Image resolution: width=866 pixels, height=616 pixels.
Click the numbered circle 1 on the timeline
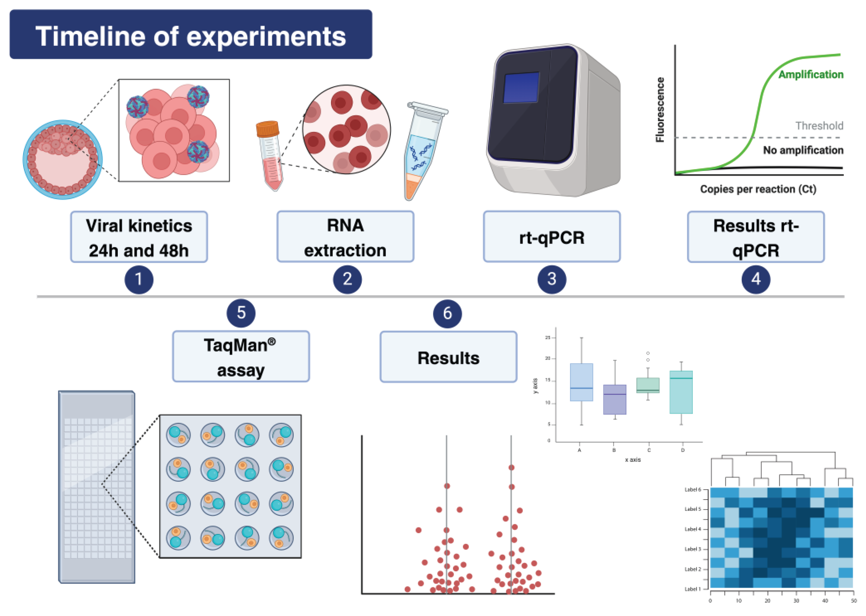coord(139,280)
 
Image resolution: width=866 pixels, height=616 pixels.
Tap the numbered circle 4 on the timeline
coord(756,280)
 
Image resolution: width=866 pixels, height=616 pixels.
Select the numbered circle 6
coord(447,313)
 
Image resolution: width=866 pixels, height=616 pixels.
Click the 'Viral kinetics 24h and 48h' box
coord(139,237)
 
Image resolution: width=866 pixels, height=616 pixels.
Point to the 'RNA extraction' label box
coord(345,237)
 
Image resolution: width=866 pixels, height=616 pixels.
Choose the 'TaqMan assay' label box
coord(241,357)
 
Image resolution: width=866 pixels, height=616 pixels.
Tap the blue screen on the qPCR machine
coord(521,87)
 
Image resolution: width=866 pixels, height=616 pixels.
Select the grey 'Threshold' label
coord(819,126)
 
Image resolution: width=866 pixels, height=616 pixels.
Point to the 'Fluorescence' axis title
coord(660,110)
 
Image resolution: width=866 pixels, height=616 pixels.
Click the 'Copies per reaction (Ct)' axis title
coord(758,189)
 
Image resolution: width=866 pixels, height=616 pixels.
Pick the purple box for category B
coord(615,399)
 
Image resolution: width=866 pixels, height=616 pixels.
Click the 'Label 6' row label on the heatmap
coord(693,490)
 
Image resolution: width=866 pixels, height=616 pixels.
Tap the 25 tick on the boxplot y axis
coord(547,338)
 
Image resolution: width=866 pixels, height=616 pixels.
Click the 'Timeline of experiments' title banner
coord(191,35)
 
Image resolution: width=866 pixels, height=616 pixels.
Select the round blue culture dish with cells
coord(63,160)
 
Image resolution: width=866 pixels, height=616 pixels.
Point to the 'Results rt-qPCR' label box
coord(756,237)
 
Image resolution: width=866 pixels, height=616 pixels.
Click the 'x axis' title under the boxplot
coord(633,460)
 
